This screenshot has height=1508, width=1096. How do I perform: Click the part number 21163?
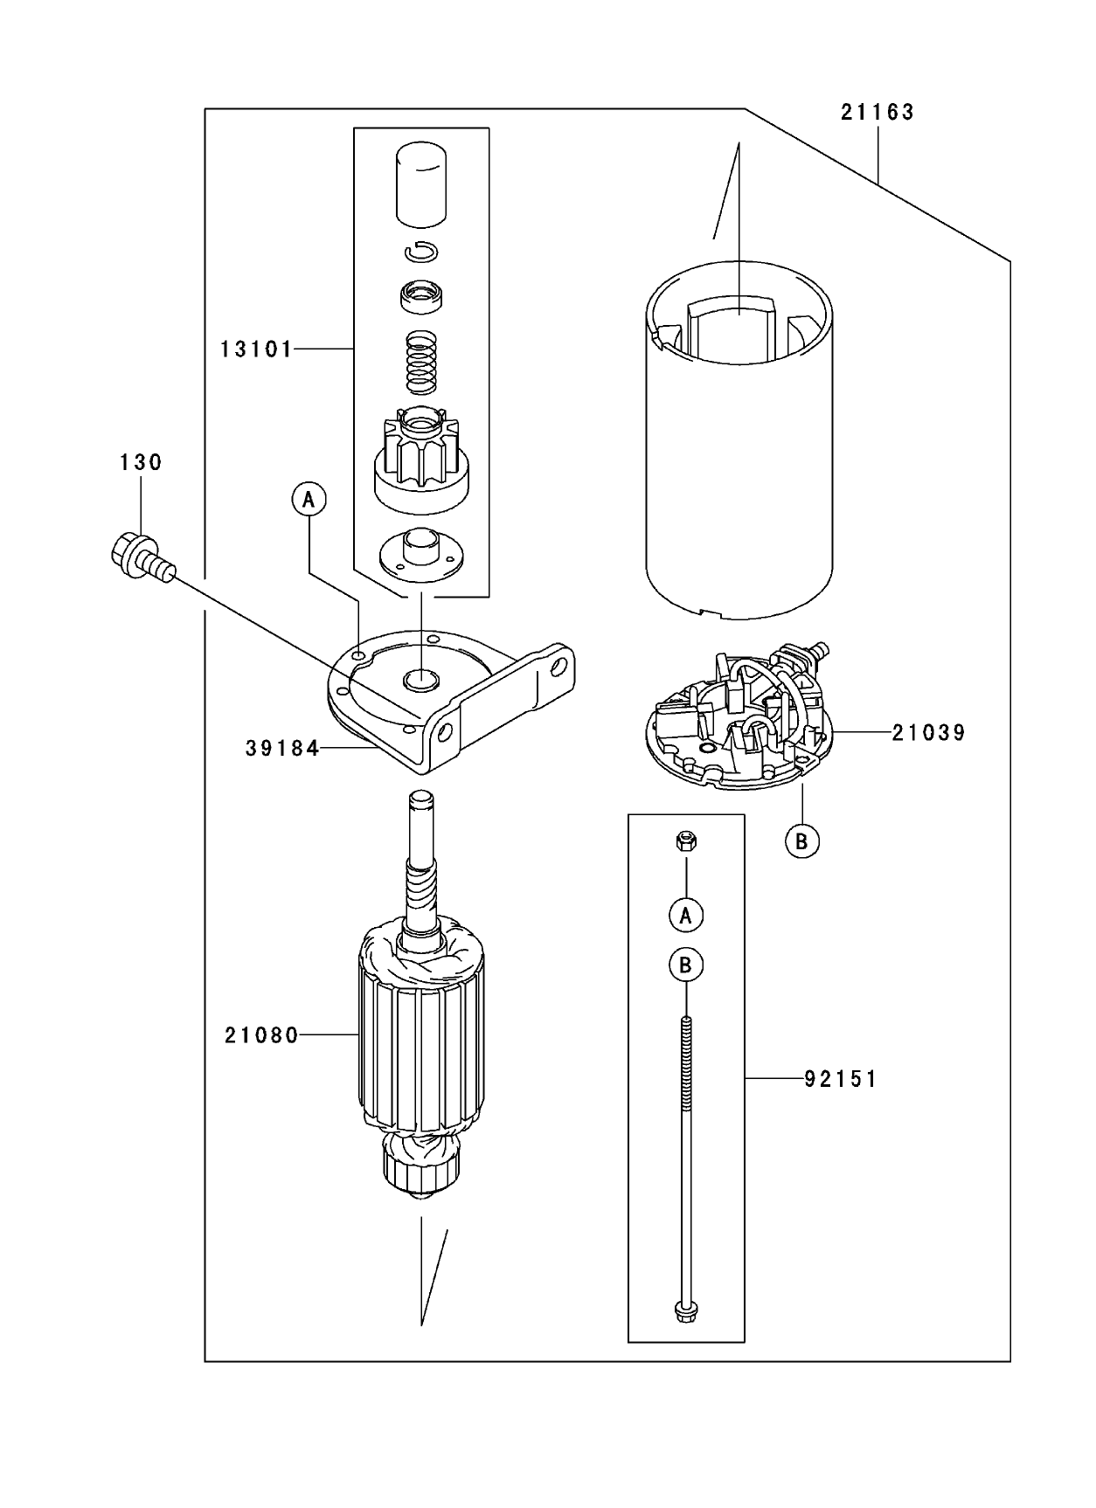pyautogui.click(x=877, y=113)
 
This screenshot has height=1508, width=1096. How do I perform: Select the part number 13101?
pyautogui.click(x=255, y=349)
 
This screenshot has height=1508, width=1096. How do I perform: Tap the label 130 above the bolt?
pyautogui.click(x=141, y=462)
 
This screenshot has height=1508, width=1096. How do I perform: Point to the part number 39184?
pyautogui.click(x=281, y=749)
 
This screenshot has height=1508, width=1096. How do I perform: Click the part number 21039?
pyautogui.click(x=928, y=733)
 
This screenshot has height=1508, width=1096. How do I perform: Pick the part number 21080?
pyautogui.click(x=261, y=1036)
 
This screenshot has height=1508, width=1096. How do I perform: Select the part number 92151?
pyautogui.click(x=840, y=1080)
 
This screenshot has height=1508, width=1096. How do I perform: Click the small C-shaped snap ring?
pyautogui.click(x=421, y=252)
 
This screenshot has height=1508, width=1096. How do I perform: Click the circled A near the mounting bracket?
pyautogui.click(x=308, y=500)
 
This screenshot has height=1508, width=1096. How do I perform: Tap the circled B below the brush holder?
pyautogui.click(x=801, y=841)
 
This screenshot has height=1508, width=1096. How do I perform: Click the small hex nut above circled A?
pyautogui.click(x=686, y=841)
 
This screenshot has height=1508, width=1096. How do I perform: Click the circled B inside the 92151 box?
pyautogui.click(x=686, y=965)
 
